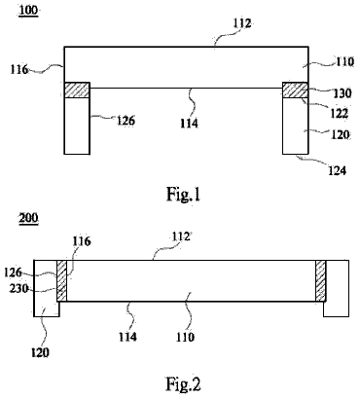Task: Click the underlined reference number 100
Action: [28, 10]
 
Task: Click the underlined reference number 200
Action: [28, 218]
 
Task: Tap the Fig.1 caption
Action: [184, 195]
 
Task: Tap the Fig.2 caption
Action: [184, 384]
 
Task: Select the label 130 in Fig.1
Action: [342, 93]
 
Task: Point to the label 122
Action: [339, 113]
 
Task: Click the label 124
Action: [338, 170]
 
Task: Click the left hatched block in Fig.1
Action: [77, 91]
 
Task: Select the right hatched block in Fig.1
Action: [295, 91]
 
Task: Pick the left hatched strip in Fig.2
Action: [62, 280]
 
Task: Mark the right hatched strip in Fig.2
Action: [321, 280]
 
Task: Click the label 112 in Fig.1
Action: [242, 23]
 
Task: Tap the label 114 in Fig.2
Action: [127, 337]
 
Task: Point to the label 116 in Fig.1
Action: [18, 69]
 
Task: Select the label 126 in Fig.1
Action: [126, 121]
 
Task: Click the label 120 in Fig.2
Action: [40, 352]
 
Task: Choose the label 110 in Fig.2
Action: [185, 337]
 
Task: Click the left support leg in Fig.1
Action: [77, 126]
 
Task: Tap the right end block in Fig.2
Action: [337, 288]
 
